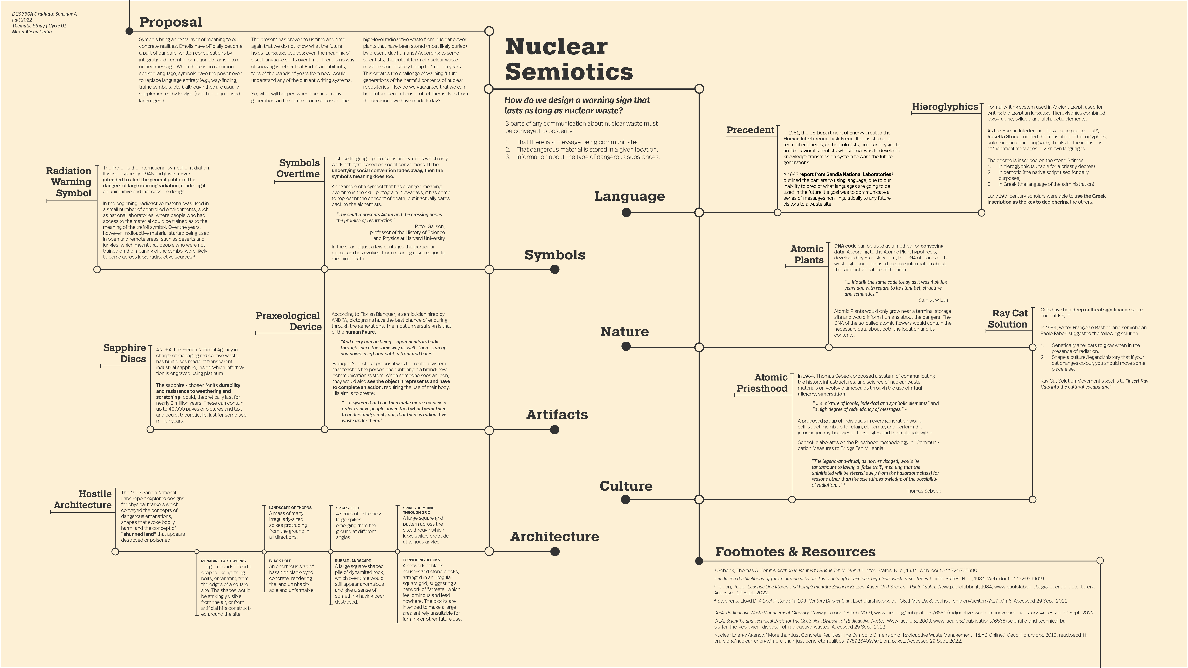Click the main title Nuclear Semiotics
coord(569,59)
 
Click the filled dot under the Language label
coord(626,213)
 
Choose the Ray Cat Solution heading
coord(1008,318)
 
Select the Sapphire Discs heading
coord(125,353)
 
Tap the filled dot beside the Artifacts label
coord(555,430)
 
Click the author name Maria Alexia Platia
coord(32,32)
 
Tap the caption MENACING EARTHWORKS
coord(223,561)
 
